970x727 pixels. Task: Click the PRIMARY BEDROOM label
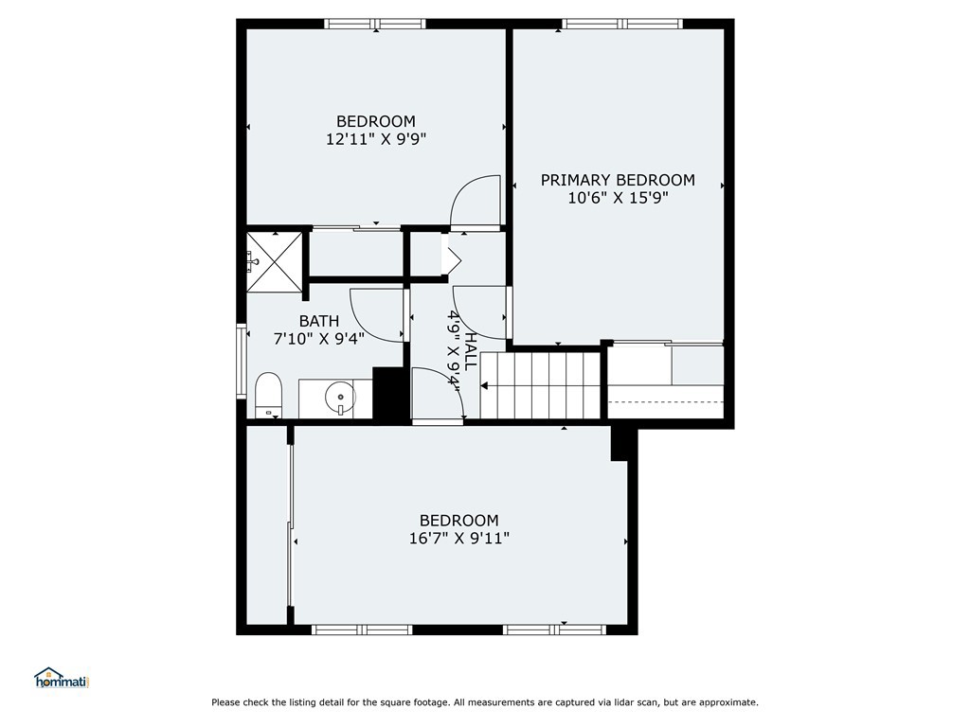[618, 180]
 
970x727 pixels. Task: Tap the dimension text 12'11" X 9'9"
[376, 138]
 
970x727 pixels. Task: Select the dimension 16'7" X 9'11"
[459, 538]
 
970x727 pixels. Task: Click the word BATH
[318, 321]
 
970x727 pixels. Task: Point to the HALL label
[471, 350]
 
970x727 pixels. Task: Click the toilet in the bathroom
[268, 395]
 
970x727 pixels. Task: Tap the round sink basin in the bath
[340, 397]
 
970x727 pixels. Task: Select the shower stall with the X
[275, 260]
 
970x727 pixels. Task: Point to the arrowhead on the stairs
[484, 386]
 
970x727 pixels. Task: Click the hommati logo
[62, 678]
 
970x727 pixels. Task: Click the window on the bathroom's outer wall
[242, 361]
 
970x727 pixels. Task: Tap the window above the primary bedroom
[622, 24]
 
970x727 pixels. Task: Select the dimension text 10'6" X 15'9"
[619, 198]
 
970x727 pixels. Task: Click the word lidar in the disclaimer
[629, 702]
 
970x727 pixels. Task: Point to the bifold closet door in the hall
[450, 255]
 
